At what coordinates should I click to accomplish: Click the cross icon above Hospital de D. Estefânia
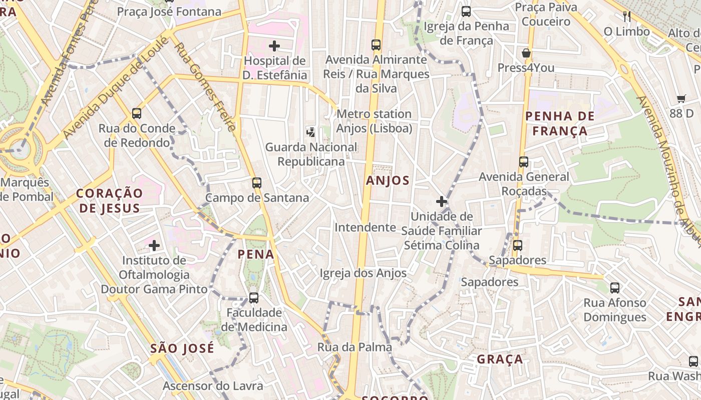pyautogui.click(x=274, y=46)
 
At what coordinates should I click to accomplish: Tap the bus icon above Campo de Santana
pyautogui.click(x=257, y=183)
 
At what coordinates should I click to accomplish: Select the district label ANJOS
pyautogui.click(x=388, y=180)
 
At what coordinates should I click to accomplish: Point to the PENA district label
pyautogui.click(x=256, y=254)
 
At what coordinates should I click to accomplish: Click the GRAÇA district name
pyautogui.click(x=500, y=359)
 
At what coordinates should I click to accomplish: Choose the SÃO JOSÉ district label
pyautogui.click(x=182, y=348)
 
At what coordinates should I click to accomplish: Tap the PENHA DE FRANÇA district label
pyautogui.click(x=560, y=123)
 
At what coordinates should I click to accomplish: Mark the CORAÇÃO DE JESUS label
pyautogui.click(x=109, y=200)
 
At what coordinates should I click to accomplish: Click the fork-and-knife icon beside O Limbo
pyautogui.click(x=626, y=16)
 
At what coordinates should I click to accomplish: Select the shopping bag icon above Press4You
pyautogui.click(x=526, y=53)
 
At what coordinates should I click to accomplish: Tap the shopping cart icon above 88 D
pyautogui.click(x=681, y=98)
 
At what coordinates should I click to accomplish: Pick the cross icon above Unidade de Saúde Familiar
pyautogui.click(x=441, y=201)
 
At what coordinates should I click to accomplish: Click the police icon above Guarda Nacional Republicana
pyautogui.click(x=311, y=132)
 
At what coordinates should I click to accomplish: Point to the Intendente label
pyautogui.click(x=365, y=227)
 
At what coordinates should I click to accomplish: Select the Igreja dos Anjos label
pyautogui.click(x=363, y=273)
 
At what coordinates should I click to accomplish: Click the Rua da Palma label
pyautogui.click(x=355, y=347)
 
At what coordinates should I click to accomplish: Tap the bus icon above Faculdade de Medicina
pyautogui.click(x=254, y=298)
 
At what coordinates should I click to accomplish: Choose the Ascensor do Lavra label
pyautogui.click(x=213, y=386)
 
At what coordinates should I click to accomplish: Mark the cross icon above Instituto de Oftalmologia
pyautogui.click(x=154, y=245)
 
